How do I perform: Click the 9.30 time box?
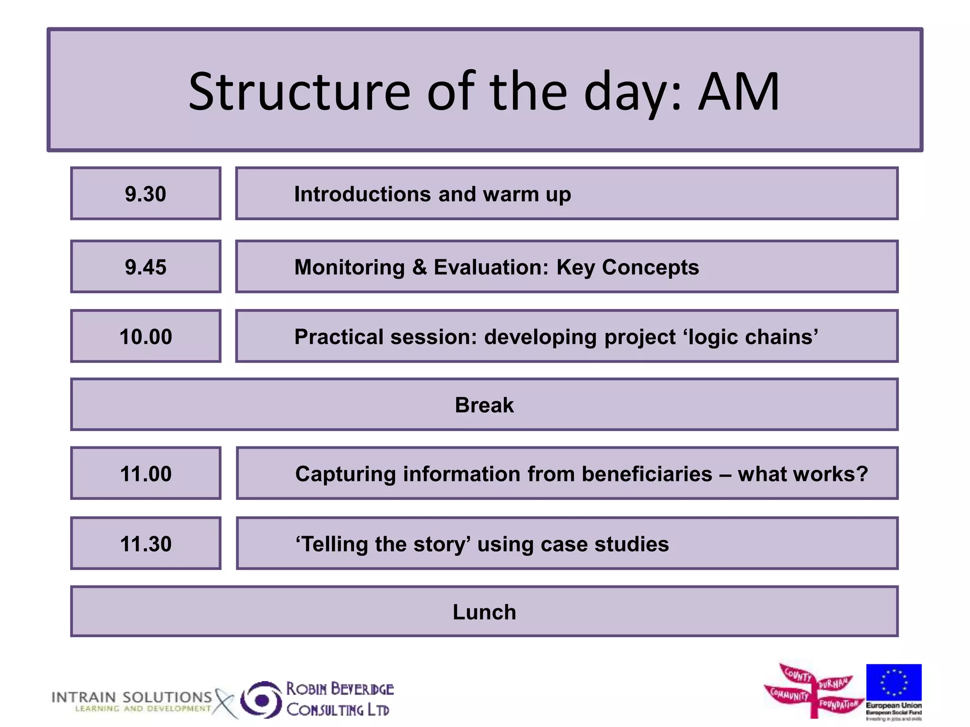(145, 194)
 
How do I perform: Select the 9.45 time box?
(145, 267)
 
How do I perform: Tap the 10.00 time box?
(145, 337)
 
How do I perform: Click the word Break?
(484, 405)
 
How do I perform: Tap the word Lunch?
(484, 612)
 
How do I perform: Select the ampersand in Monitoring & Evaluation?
(419, 267)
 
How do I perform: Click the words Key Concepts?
(627, 267)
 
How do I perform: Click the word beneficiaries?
(647, 474)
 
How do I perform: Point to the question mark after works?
(862, 474)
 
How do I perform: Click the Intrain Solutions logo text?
(131, 698)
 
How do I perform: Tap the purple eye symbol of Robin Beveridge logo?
(261, 700)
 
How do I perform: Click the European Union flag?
(893, 683)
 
